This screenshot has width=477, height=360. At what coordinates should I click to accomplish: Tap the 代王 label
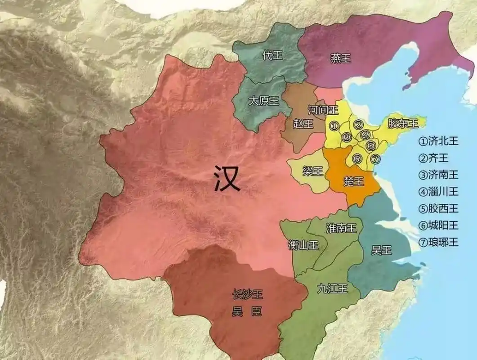click(x=272, y=55)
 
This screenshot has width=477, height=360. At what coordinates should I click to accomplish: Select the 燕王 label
click(x=340, y=58)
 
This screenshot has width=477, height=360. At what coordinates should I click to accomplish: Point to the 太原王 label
click(x=264, y=101)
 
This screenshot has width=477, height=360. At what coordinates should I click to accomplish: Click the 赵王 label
click(x=303, y=124)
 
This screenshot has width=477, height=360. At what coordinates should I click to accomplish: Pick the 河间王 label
click(x=323, y=109)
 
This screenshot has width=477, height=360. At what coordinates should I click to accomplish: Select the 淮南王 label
click(x=341, y=228)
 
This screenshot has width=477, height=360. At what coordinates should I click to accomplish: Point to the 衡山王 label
click(x=303, y=245)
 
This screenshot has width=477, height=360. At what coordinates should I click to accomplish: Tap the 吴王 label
click(x=381, y=250)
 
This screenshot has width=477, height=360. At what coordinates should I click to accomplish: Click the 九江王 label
click(x=332, y=288)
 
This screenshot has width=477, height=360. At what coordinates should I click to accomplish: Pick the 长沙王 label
click(x=247, y=295)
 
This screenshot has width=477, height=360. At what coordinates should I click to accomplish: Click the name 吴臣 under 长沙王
click(x=247, y=311)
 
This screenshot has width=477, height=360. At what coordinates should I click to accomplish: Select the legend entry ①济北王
click(x=438, y=141)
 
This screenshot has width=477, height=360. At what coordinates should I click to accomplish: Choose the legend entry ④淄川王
click(x=438, y=192)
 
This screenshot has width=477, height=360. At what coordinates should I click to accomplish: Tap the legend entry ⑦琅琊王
click(x=438, y=242)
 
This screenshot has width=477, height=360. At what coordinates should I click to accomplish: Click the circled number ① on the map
click(x=334, y=126)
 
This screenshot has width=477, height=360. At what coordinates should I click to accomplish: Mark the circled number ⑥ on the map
click(x=357, y=158)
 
